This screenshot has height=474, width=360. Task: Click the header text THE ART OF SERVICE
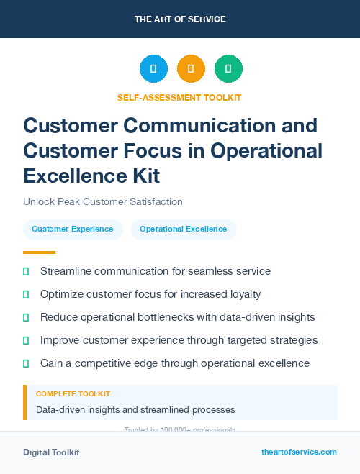(x=180, y=19)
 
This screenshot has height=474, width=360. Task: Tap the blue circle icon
(x=153, y=68)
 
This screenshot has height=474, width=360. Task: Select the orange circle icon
(x=191, y=68)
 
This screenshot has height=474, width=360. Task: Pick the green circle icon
(x=228, y=68)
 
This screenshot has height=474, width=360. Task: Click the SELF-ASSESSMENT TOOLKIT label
(x=179, y=97)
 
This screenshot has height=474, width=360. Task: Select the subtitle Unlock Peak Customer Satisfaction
(x=103, y=202)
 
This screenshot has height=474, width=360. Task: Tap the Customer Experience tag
(x=72, y=229)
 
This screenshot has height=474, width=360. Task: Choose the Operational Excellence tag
(x=183, y=229)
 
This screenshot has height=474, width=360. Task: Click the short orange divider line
(x=39, y=252)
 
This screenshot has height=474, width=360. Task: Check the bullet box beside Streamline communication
(x=26, y=271)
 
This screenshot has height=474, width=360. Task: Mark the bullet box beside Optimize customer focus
(x=26, y=294)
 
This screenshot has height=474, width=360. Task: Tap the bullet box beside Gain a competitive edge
(x=26, y=363)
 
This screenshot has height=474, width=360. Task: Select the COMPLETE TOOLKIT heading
(x=73, y=394)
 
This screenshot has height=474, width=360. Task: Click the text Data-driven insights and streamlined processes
(x=135, y=410)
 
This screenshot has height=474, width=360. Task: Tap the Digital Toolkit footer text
(x=51, y=452)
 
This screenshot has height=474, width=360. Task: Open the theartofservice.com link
(x=299, y=452)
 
